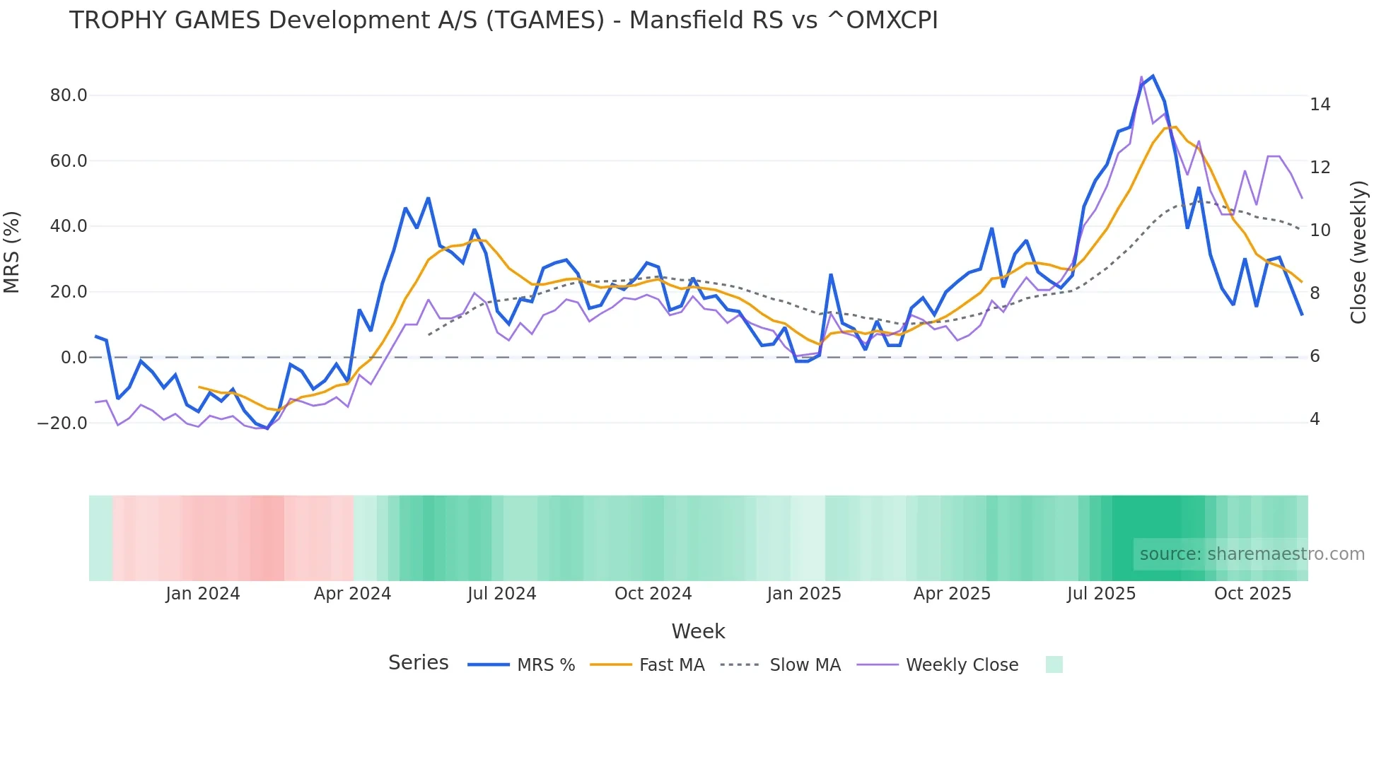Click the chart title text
503,20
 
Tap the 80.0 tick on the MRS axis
69,95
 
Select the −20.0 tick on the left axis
62,423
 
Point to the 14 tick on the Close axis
1320,105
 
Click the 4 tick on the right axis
1315,419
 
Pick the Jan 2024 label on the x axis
203,594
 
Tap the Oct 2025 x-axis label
1252,594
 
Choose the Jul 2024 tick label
501,594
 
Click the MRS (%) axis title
12,252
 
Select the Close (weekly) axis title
1358,252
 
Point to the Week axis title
698,631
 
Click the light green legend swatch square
1054,664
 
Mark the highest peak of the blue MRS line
1153,76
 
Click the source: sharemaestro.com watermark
1252,554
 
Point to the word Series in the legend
418,663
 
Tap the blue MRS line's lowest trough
267,428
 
